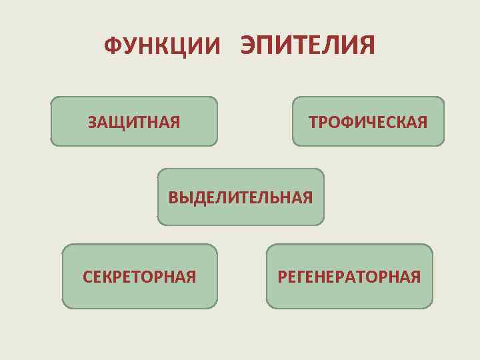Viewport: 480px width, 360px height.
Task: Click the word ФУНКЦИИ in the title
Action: [x=161, y=47]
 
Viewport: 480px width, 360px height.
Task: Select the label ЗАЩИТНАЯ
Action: [x=134, y=122]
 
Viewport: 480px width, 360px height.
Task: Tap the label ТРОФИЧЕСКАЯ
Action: [x=368, y=122]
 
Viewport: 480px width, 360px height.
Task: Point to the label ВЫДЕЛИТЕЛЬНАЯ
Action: [x=241, y=197]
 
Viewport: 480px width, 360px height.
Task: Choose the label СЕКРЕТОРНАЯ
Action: [x=139, y=277]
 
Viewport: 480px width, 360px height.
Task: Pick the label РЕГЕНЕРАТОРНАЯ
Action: [x=349, y=277]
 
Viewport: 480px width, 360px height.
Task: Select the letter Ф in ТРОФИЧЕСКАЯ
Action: [x=345, y=122]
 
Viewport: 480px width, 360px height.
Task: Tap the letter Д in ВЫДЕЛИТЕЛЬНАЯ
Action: [x=197, y=198]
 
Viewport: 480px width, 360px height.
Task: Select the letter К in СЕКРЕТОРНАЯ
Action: [x=109, y=277]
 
